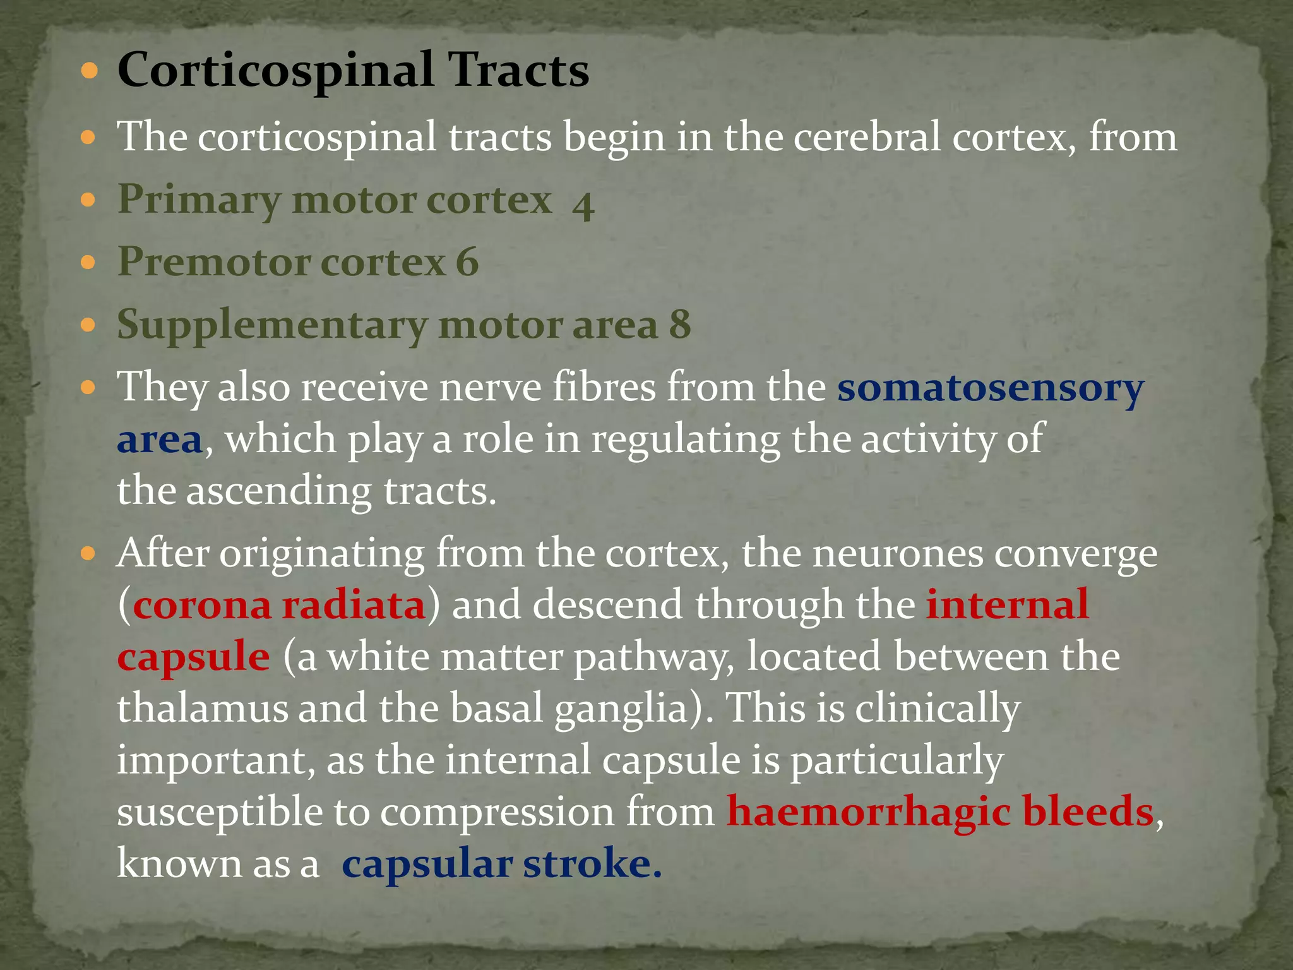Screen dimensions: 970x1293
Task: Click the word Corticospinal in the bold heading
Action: point(276,71)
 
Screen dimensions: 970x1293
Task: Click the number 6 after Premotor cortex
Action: point(467,261)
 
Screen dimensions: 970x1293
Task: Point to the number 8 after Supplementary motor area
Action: point(680,325)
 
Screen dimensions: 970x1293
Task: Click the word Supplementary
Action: point(272,326)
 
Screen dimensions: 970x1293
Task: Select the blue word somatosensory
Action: point(991,387)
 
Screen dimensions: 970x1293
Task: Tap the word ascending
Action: point(279,491)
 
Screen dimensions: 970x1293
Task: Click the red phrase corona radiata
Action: point(279,604)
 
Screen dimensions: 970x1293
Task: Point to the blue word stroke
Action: point(592,863)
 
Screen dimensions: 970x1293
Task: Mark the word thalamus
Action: point(201,707)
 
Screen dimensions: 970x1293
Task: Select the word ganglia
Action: point(621,709)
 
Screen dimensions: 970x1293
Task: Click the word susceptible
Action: point(219,812)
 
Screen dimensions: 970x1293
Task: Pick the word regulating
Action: point(685,440)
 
